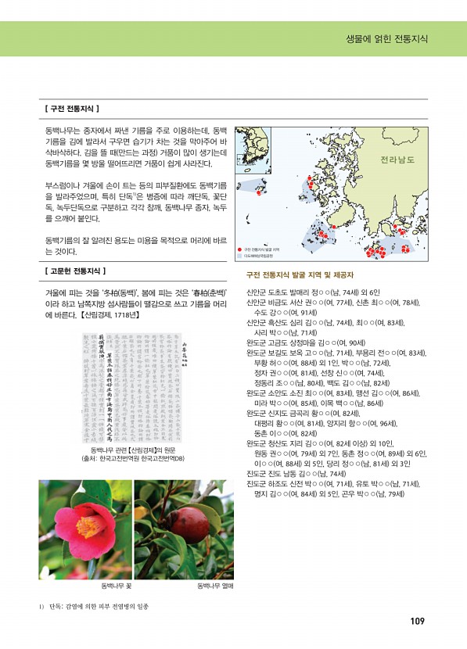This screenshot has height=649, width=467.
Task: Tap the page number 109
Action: pyautogui.click(x=416, y=621)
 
